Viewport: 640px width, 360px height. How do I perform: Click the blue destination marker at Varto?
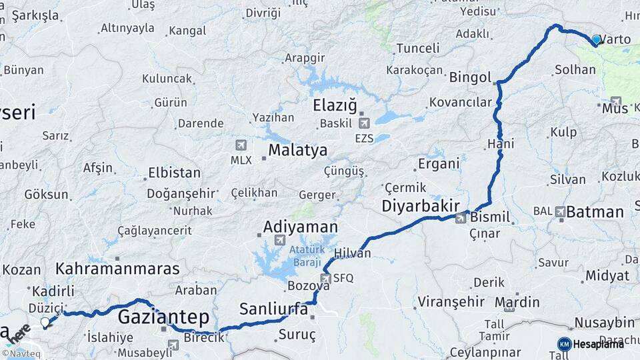[x=596, y=39]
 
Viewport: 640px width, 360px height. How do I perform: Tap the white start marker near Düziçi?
[x=45, y=323]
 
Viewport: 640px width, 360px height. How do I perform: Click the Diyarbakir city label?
[x=421, y=206]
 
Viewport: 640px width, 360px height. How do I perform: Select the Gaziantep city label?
[x=163, y=317]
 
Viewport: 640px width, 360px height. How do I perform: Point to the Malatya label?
[x=297, y=150]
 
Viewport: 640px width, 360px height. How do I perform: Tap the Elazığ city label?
[x=335, y=105]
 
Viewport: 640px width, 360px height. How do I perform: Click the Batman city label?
[x=595, y=212]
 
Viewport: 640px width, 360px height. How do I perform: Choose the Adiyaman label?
[x=300, y=227]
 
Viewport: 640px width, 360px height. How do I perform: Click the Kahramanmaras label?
[x=117, y=269]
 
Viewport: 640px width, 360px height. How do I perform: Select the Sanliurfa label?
[x=273, y=309]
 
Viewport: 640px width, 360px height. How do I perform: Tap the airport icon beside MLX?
[x=241, y=145]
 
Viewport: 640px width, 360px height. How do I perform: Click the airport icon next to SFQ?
[x=326, y=279]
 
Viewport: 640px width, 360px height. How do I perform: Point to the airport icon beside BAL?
[x=561, y=211]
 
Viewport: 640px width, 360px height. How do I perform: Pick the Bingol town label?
[x=470, y=77]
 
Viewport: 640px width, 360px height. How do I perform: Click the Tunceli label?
[x=417, y=48]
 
